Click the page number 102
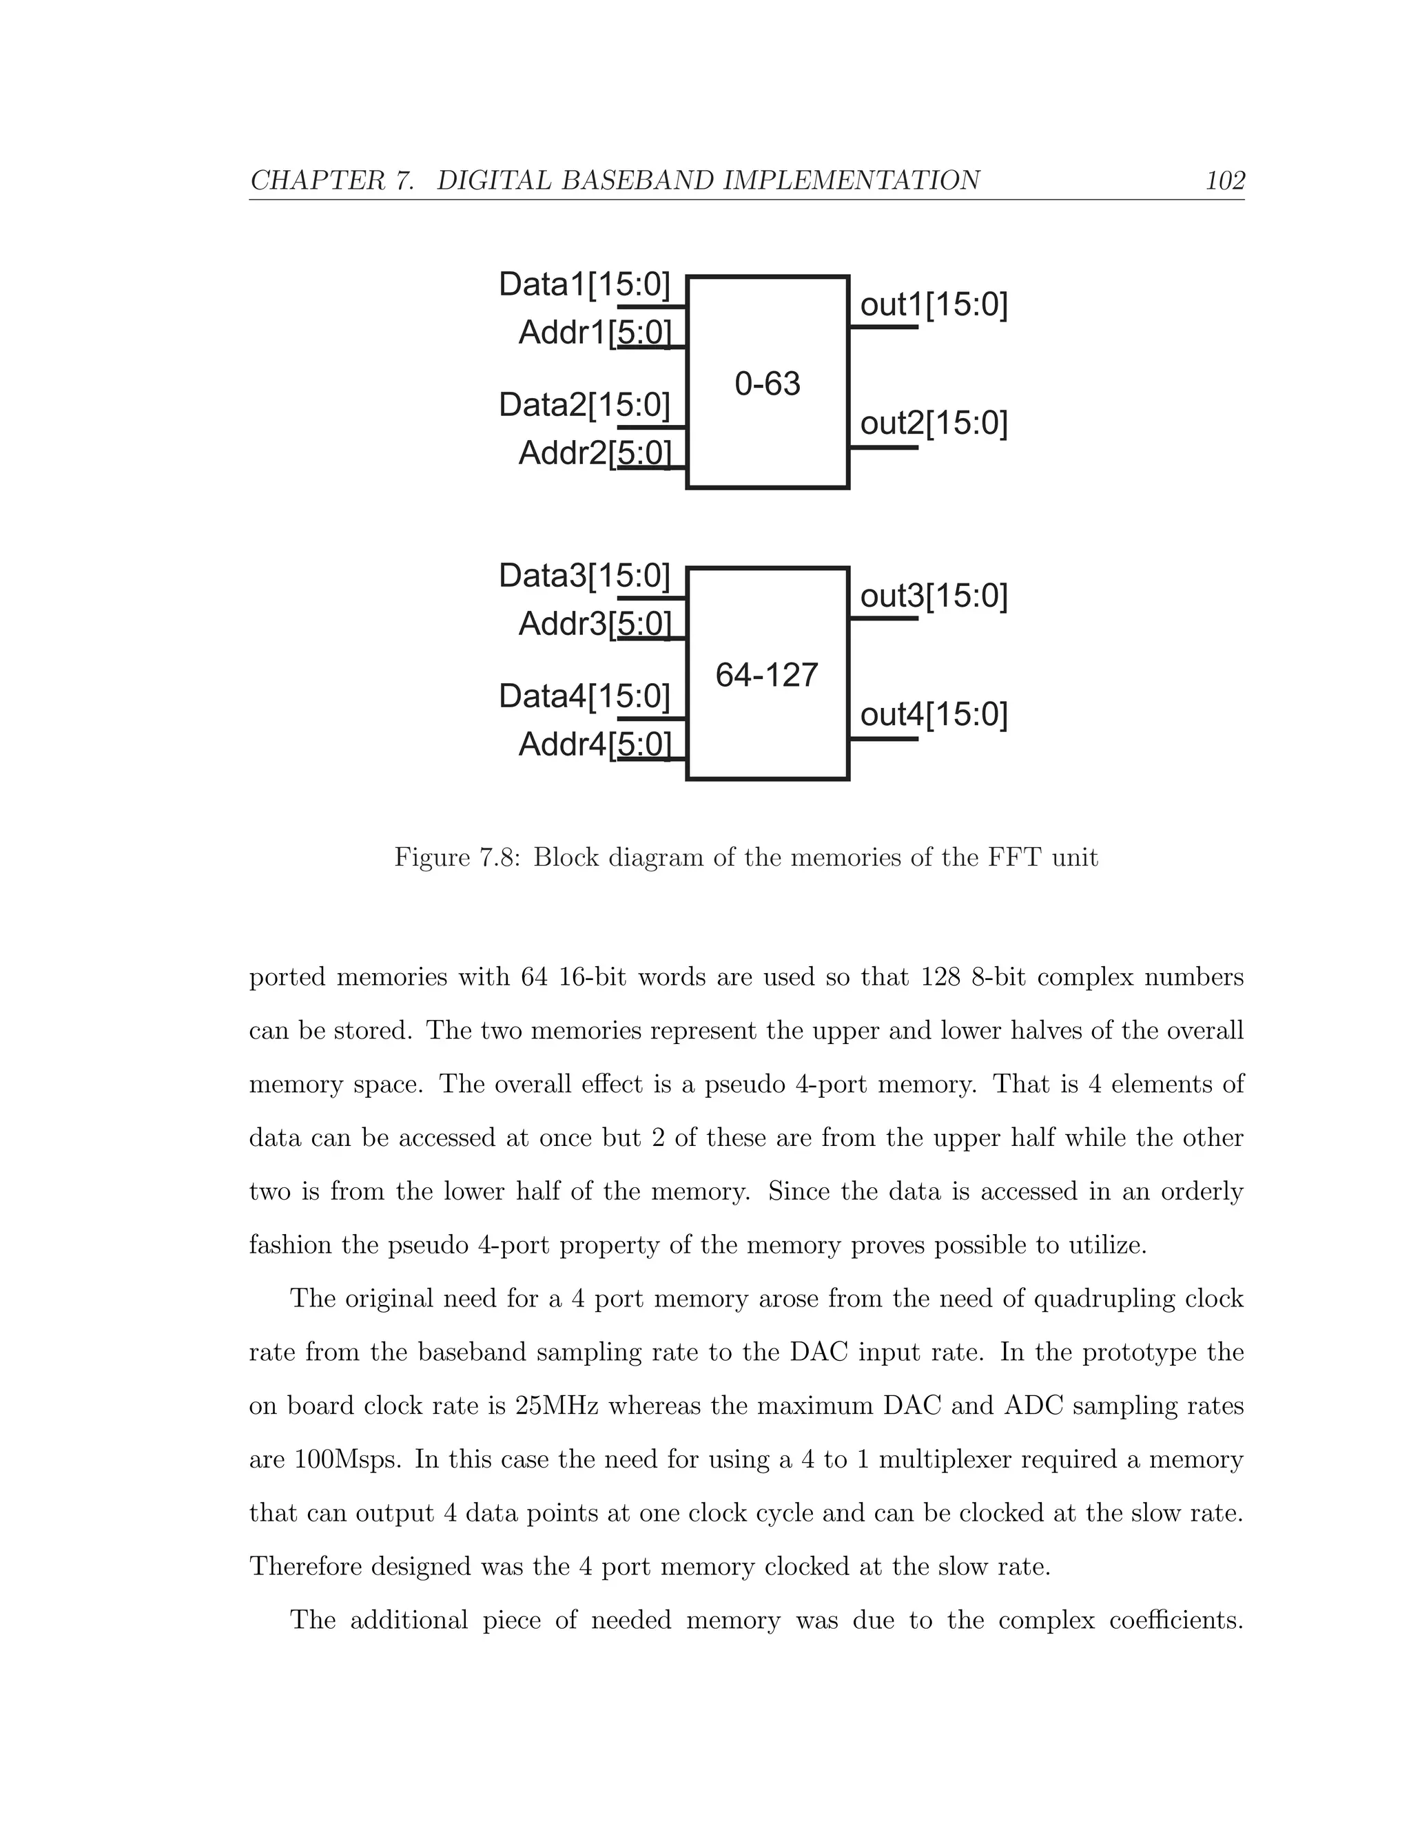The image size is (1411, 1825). pyautogui.click(x=1224, y=180)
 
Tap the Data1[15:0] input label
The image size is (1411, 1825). pyautogui.click(x=584, y=285)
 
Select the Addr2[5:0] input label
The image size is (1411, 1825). pyautogui.click(x=595, y=453)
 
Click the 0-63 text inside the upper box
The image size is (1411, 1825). pyautogui.click(x=768, y=384)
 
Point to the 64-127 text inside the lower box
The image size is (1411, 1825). pyautogui.click(x=767, y=675)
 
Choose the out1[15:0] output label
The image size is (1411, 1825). pyautogui.click(x=934, y=305)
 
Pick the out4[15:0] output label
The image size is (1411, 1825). pyautogui.click(x=934, y=714)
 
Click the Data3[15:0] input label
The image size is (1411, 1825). pyautogui.click(x=584, y=576)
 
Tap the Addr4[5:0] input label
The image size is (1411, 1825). pyautogui.click(x=595, y=744)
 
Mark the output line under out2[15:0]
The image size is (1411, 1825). pyautogui.click(x=883, y=448)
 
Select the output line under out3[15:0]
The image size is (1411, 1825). pyautogui.click(x=883, y=618)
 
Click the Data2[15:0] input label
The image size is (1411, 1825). pyautogui.click(x=584, y=405)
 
